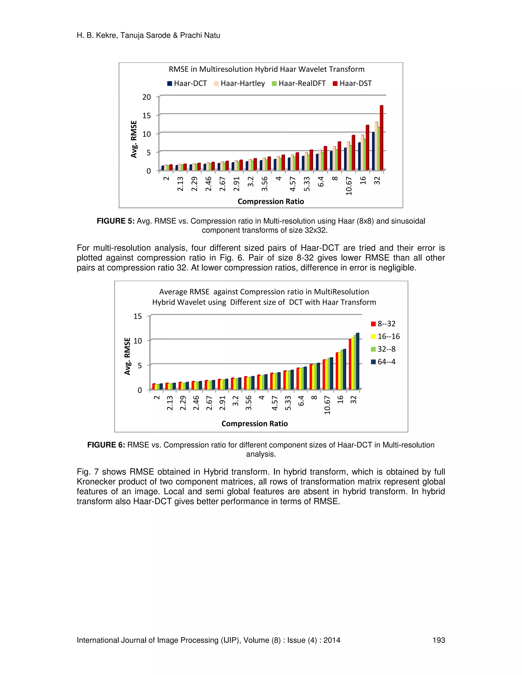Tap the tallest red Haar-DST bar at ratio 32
381,138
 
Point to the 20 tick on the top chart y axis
147,97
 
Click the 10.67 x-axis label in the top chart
349,186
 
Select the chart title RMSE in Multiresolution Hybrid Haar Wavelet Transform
267,69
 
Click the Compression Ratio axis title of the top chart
271,201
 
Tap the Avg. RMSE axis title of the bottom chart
127,356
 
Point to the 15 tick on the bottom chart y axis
138,316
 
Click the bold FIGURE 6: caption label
106,445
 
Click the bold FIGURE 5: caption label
116,221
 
